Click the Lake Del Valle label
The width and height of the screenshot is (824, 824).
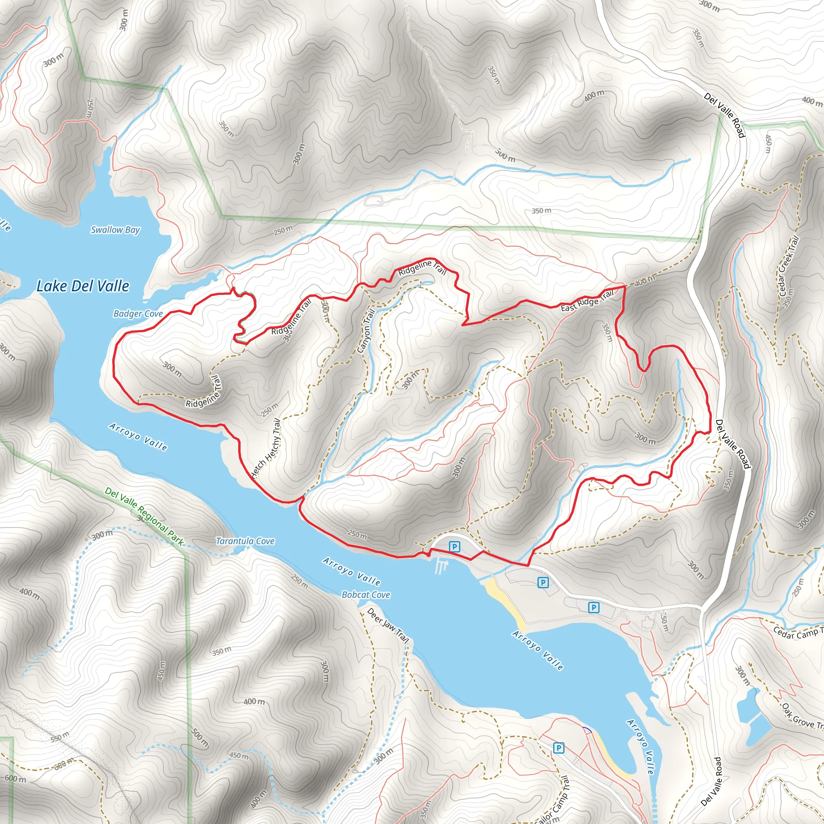point(83,286)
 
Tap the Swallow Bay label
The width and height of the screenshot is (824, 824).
point(115,230)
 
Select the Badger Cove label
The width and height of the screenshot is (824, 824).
point(138,314)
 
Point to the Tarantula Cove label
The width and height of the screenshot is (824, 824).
point(245,541)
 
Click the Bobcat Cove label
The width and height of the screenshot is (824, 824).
point(366,595)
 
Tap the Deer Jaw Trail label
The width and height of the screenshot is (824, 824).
point(388,626)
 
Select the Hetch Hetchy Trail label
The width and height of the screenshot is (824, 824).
point(266,449)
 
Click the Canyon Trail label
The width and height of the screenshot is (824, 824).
point(366,332)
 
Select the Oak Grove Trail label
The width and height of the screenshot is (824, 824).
point(802,717)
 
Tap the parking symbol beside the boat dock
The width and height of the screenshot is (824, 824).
point(455,547)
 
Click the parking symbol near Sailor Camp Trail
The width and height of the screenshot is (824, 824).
point(558,748)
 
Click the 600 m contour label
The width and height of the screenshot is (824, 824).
point(16,779)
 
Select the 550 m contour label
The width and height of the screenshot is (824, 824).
point(60,737)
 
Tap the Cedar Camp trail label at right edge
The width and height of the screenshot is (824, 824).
point(797,633)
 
